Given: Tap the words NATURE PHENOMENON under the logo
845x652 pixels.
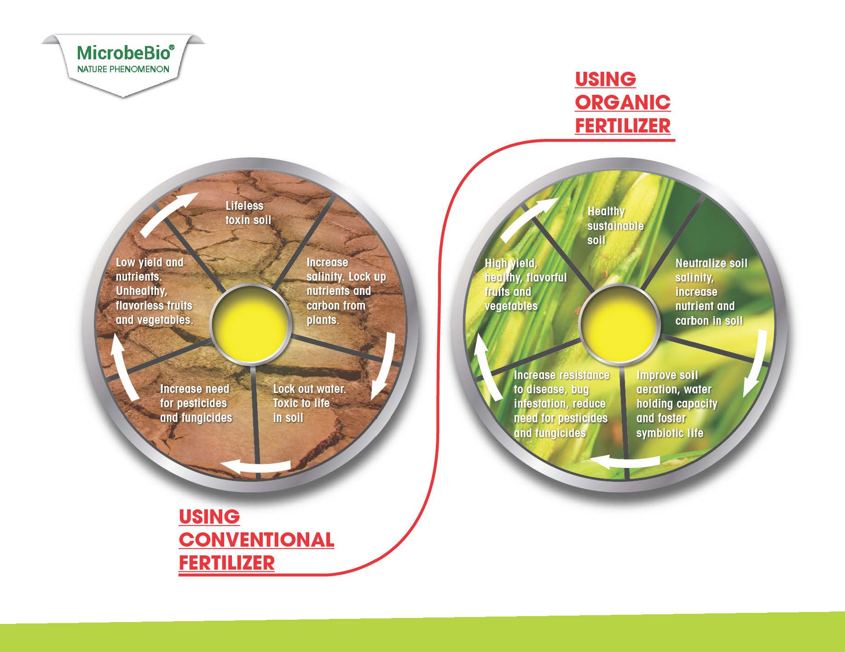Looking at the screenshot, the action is (x=123, y=69).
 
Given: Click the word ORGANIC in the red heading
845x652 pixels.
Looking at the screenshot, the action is (x=623, y=102).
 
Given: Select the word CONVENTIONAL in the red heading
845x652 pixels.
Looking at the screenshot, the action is (x=256, y=540).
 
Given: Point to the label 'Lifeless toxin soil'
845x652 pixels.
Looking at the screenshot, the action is (x=249, y=213).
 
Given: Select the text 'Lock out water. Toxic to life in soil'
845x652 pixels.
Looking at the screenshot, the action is (x=309, y=403).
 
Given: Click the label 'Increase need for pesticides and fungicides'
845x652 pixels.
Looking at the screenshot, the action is (x=196, y=403).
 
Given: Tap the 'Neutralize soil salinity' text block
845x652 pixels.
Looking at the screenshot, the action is (x=711, y=292).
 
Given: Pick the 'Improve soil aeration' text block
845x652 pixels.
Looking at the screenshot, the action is (x=677, y=404).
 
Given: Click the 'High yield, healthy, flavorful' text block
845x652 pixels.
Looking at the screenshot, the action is (x=526, y=284).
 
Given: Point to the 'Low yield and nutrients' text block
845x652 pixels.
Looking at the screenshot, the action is (x=154, y=291).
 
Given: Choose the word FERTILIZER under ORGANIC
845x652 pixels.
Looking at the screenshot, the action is (x=623, y=126).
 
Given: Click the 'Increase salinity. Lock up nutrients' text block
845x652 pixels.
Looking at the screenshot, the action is (x=346, y=291).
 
